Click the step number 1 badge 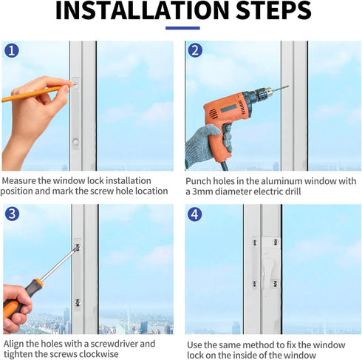coord(12,51)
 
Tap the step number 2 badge coord(195,50)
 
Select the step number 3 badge coord(12,214)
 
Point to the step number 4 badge coord(195,214)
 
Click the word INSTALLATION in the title coord(143,10)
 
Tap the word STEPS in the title coord(273,10)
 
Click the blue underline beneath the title coord(182,28)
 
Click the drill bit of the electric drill coord(281,89)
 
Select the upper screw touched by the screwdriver coord(78,247)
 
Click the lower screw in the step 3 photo coord(78,302)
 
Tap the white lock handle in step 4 coord(268,272)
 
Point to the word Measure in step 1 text coord(19,180)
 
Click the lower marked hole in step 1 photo coord(75,142)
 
